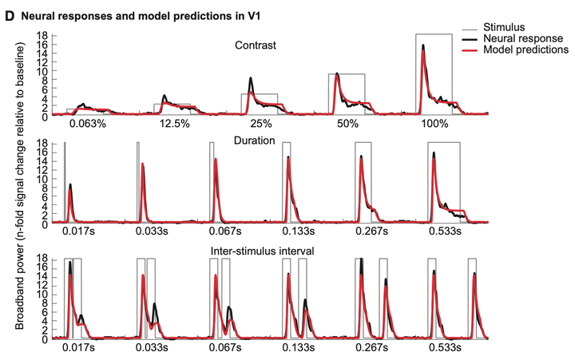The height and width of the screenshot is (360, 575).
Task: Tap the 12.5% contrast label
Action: [x=173, y=125]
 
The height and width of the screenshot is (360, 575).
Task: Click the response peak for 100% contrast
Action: [x=423, y=46]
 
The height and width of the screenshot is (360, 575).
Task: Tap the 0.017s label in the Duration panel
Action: [x=80, y=231]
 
